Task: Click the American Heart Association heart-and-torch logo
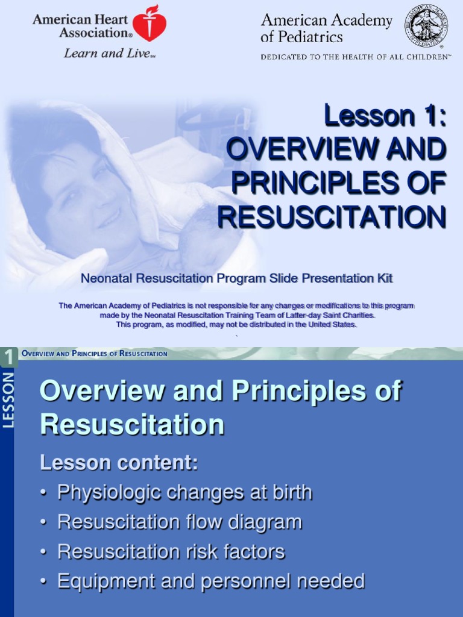pyautogui.click(x=149, y=24)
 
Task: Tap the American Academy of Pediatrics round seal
pyautogui.click(x=426, y=26)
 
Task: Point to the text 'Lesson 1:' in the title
pyautogui.click(x=385, y=116)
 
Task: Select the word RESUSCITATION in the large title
pyautogui.click(x=332, y=216)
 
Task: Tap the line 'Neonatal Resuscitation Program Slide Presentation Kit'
pyautogui.click(x=236, y=278)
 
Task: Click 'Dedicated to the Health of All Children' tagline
pyautogui.click(x=355, y=57)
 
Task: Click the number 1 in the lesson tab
pyautogui.click(x=9, y=358)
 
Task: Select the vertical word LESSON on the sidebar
pyautogui.click(x=9, y=401)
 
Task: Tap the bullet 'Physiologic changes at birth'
pyautogui.click(x=184, y=492)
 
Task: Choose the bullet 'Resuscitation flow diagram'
pyautogui.click(x=179, y=522)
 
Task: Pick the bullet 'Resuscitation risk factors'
pyautogui.click(x=171, y=551)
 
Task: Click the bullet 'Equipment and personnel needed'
pyautogui.click(x=210, y=581)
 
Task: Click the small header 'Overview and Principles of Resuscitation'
pyautogui.click(x=95, y=354)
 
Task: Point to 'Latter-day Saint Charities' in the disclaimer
pyautogui.click(x=326, y=315)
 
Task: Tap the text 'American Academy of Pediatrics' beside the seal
pyautogui.click(x=326, y=28)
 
